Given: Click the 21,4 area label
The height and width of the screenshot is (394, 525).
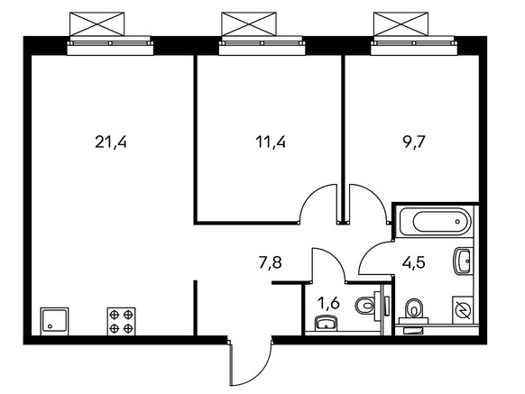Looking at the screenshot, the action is pyautogui.click(x=111, y=142).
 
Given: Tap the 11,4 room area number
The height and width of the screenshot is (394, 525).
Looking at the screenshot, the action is pyautogui.click(x=271, y=142).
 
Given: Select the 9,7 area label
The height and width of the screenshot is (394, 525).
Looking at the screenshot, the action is pyautogui.click(x=413, y=142).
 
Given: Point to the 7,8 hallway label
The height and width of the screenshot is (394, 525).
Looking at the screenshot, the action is pyautogui.click(x=271, y=262).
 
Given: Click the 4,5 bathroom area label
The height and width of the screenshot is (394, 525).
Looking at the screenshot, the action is pyautogui.click(x=414, y=262).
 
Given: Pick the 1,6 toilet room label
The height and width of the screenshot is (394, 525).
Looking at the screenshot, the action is pyautogui.click(x=328, y=304).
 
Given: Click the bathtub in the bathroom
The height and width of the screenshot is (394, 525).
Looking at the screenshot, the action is pyautogui.click(x=434, y=222).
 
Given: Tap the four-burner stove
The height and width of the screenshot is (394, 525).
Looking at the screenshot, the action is pyautogui.click(x=121, y=321).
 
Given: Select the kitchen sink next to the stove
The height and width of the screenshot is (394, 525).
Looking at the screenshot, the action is pyautogui.click(x=54, y=321).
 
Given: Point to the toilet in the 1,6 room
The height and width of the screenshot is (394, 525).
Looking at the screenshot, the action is pyautogui.click(x=368, y=306).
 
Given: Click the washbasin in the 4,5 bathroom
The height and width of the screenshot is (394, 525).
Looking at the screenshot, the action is pyautogui.click(x=463, y=261).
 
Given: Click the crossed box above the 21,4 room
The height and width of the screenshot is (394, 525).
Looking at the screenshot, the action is pyautogui.click(x=97, y=24).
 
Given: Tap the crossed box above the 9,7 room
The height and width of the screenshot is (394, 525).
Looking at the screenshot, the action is pyautogui.click(x=401, y=24).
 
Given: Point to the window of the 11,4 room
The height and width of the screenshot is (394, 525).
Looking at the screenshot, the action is pyautogui.click(x=262, y=46).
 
